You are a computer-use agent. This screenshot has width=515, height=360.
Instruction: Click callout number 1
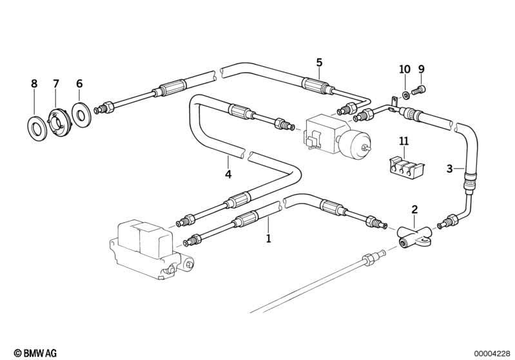coord(268,239)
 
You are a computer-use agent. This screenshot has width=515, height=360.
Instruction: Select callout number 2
coord(414,209)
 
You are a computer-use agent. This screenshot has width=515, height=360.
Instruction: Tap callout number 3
coord(449,169)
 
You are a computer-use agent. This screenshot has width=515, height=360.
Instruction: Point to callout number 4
coord(228,175)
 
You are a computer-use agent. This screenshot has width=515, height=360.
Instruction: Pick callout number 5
coord(319,62)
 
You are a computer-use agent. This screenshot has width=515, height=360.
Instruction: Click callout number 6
coord(79,84)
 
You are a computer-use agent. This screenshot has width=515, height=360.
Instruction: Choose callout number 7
coord(56,84)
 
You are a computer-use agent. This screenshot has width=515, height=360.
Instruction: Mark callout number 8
coord(34,84)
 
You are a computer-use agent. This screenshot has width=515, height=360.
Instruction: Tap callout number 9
coord(422,70)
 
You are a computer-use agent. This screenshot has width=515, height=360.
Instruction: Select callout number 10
coord(404,70)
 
